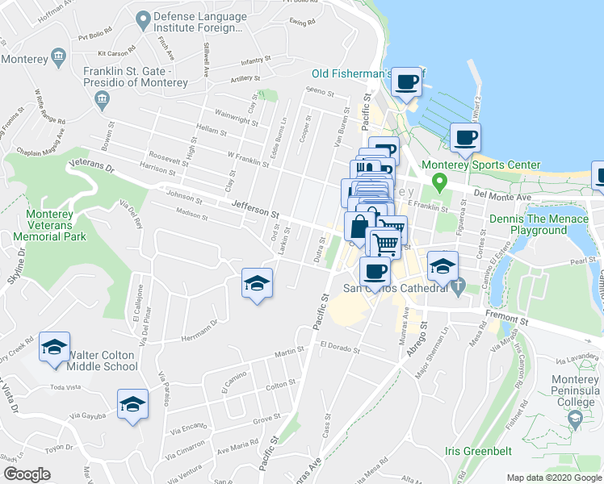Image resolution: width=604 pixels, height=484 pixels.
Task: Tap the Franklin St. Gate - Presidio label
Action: [136, 77]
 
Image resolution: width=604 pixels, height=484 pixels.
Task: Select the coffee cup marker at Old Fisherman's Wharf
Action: [407, 82]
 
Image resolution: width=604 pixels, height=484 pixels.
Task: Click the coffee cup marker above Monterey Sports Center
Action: [464, 138]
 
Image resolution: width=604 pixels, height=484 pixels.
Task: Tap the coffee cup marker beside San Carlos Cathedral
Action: [375, 272]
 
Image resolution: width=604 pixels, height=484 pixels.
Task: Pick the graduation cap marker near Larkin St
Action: [257, 284]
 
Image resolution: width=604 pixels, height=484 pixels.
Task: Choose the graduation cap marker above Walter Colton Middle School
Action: [54, 347]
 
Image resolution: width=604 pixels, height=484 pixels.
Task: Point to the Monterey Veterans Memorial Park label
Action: [44, 226]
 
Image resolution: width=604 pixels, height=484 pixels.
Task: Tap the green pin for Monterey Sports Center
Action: [438, 181]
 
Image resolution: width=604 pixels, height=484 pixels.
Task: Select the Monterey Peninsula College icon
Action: [575, 418]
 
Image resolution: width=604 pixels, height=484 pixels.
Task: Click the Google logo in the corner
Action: [27, 474]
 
